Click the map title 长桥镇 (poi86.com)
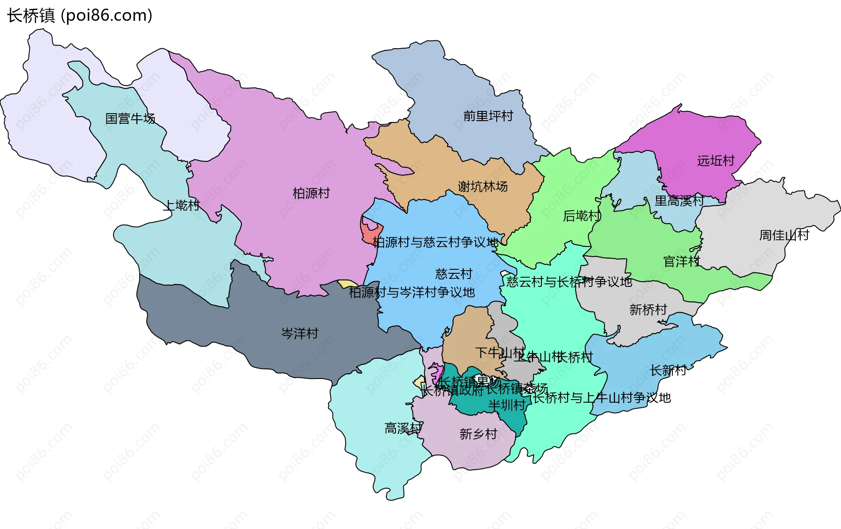point(80,15)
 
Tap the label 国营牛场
point(130,118)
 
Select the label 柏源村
point(311,193)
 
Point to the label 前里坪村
point(488,116)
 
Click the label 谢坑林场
point(483,186)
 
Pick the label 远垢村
point(716,161)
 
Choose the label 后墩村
point(581,216)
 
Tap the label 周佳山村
point(784,235)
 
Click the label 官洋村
point(682,261)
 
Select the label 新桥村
point(648,310)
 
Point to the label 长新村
point(668,370)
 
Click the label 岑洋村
point(300,333)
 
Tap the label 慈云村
point(453,274)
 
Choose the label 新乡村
point(478,434)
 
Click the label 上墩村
point(181,205)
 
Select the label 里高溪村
point(679,201)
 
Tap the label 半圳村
point(507,405)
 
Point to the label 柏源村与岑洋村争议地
point(411,292)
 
